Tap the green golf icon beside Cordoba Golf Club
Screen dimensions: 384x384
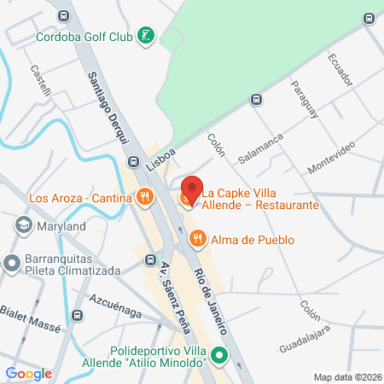[x=148, y=36]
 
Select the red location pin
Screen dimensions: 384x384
[x=192, y=189]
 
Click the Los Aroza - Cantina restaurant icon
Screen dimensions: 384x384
[x=144, y=198]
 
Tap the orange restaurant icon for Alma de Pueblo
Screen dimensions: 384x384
[x=197, y=240]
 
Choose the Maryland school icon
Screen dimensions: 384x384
[x=23, y=226]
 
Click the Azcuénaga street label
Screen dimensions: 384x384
[x=115, y=307]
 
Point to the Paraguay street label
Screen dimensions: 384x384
[x=304, y=98]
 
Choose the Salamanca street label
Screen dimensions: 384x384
[x=261, y=148]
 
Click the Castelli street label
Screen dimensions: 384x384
[x=40, y=80]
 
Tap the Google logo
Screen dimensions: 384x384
[x=29, y=373]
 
